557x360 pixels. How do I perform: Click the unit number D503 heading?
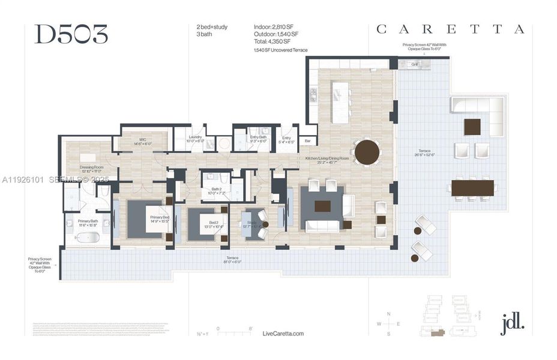coord(71,35)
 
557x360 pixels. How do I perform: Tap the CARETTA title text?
coord(450,29)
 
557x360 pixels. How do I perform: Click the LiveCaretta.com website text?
coord(283,334)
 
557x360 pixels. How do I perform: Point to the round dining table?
coord(367,152)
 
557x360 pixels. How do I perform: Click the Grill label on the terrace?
coord(415,64)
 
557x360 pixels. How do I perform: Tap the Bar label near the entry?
coord(307,142)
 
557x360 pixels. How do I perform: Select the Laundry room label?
coord(195,137)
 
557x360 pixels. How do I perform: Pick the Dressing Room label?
coord(91,169)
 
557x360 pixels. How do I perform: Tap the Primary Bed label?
coord(160,217)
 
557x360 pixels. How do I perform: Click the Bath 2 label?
coord(215,190)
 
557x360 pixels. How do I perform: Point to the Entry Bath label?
coord(259,137)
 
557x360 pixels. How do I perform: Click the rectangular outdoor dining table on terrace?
coord(472,188)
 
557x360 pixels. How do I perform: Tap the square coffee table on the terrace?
coord(472,127)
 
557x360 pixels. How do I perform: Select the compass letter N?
coord(389,314)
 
